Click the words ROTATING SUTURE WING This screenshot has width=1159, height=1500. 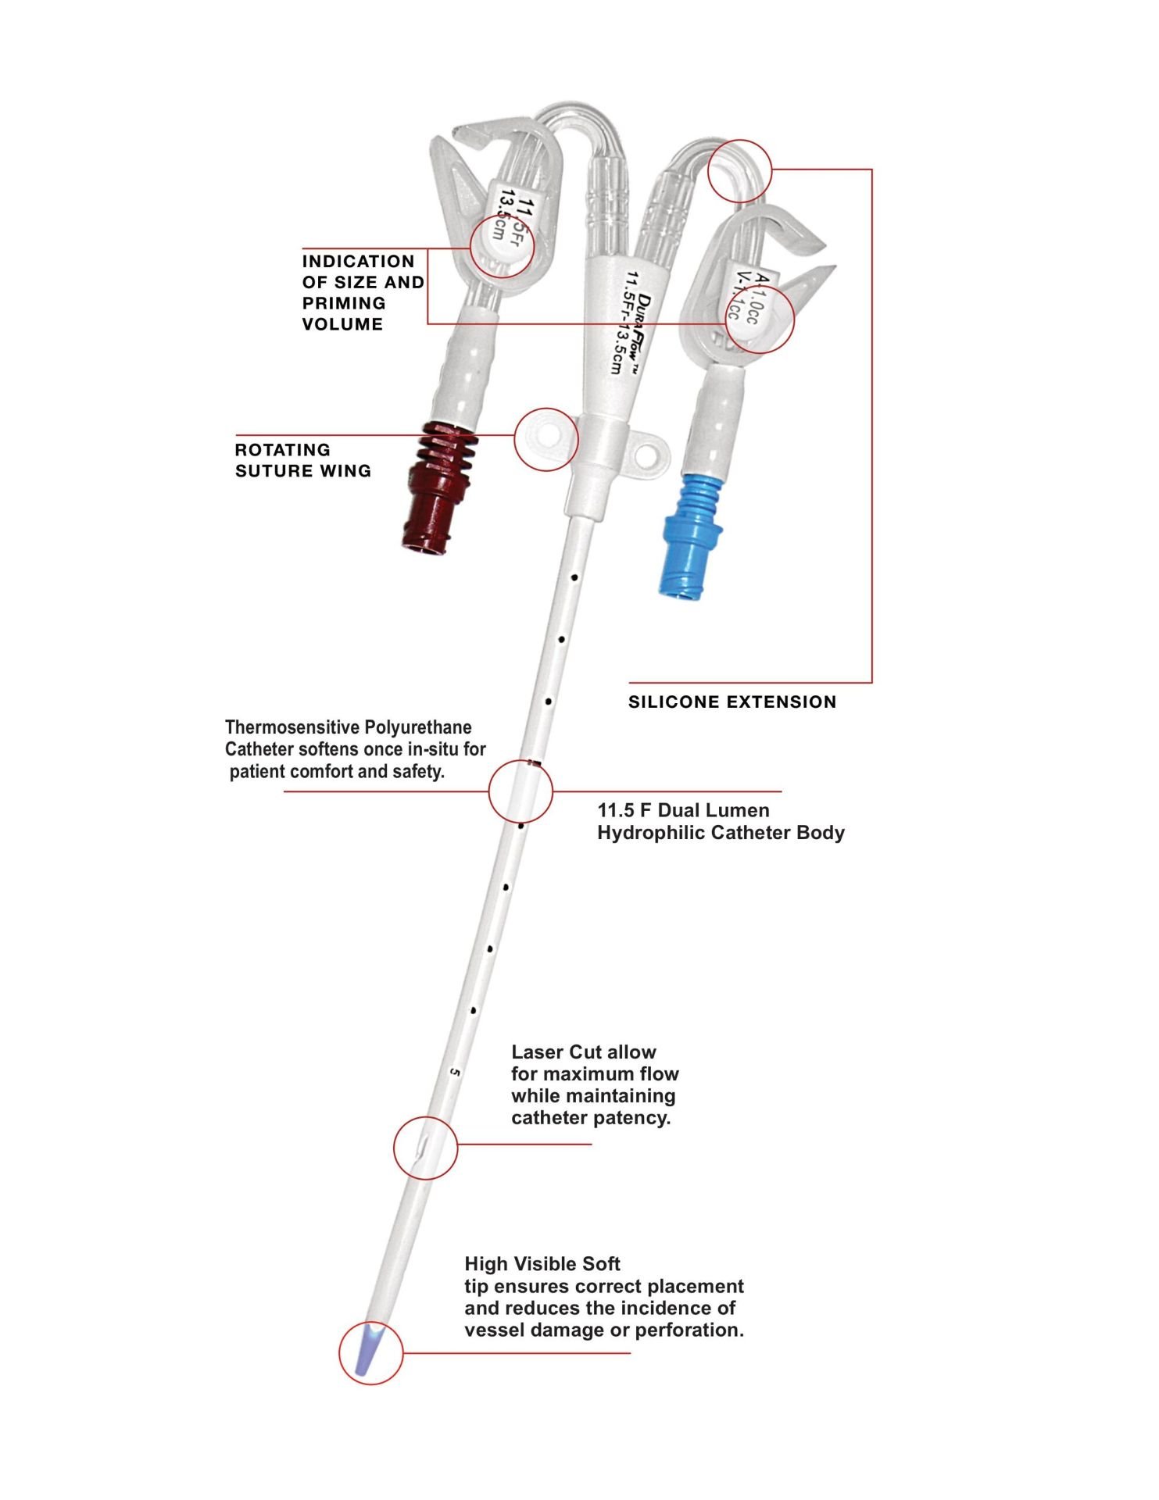[x=302, y=460]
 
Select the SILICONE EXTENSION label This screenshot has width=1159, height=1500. [x=732, y=702]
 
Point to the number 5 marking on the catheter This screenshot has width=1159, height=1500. [x=456, y=1073]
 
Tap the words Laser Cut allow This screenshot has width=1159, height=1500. [x=583, y=1052]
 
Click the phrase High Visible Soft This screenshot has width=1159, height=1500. [x=542, y=1264]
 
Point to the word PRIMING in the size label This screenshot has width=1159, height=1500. [x=344, y=303]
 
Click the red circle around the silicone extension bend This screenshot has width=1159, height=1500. [x=739, y=170]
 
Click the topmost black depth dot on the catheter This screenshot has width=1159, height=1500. [x=574, y=578]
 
